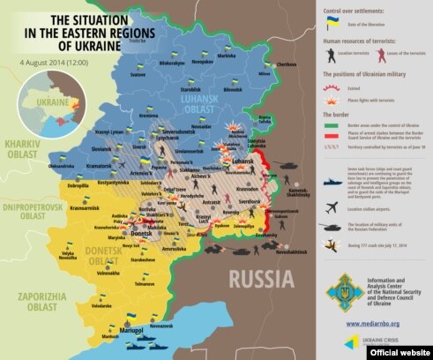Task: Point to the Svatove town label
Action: coord(138,74)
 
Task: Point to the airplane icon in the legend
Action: coord(331,211)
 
